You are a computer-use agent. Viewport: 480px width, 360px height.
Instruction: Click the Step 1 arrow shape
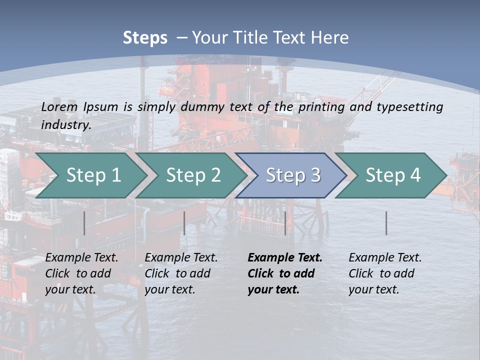(90, 175)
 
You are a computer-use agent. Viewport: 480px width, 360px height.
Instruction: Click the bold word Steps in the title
(145, 38)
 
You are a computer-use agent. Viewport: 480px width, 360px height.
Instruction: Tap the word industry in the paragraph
(65, 124)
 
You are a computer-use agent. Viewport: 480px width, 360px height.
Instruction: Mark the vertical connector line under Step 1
(84, 223)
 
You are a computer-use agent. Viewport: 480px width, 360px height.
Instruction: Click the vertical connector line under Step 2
(184, 223)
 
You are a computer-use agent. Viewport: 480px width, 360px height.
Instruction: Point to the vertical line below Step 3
(285, 223)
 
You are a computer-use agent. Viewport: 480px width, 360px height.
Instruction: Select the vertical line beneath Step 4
(386, 223)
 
